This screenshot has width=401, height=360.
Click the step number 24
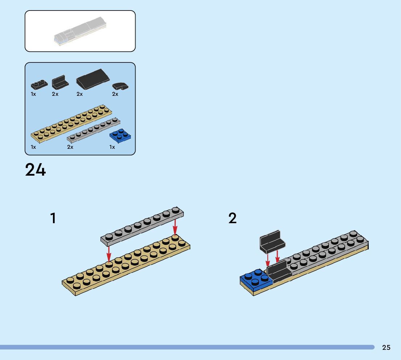coord(36,170)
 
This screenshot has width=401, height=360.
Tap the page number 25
coord(386,347)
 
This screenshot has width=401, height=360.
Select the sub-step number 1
coord(53,218)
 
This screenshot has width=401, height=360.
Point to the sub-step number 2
coord(232,218)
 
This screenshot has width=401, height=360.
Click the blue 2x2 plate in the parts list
coord(120,136)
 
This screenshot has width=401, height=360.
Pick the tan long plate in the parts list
coord(71,124)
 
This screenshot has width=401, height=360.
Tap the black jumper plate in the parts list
coord(39,85)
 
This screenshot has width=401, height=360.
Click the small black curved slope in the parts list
coord(120,86)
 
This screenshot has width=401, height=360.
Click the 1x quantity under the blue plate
coord(112,147)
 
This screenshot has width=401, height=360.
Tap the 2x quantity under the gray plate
coord(70,147)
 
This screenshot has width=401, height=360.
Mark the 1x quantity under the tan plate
coord(33,147)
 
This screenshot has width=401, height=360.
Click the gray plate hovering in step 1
coord(142,225)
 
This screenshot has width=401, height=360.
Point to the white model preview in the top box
coord(80,31)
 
